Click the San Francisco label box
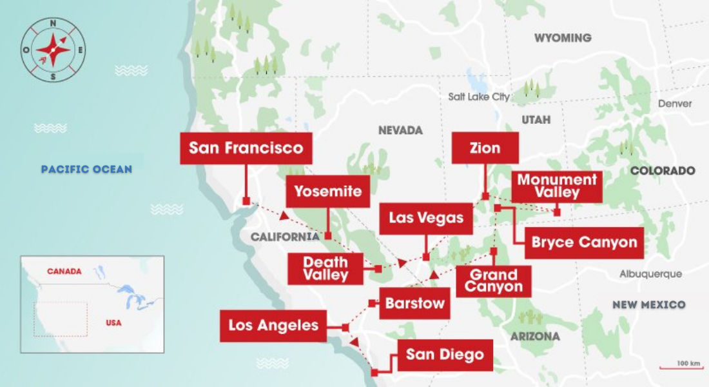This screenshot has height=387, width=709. point(246,148)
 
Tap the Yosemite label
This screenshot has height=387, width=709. point(327,192)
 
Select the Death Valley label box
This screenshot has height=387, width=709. point(325,268)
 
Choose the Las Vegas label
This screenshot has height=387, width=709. point(426,218)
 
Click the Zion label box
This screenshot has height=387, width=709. point(485,148)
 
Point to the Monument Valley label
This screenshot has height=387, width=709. point(557,186)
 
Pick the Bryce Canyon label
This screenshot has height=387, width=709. point(584,243)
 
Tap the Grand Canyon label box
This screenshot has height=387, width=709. point(493,281)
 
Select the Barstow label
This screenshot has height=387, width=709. point(414,303)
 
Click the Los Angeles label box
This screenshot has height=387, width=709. point(273,326)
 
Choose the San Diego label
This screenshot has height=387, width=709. point(445,355)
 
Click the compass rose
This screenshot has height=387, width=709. point(53,50)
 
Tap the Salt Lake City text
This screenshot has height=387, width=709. point(479,97)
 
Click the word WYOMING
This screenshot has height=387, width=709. point(562,38)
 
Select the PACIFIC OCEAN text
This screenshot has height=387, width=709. point(86,170)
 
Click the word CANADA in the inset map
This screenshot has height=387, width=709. point(64,272)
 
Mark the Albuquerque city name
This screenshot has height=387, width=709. point(650,274)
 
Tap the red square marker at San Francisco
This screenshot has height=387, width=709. point(246,202)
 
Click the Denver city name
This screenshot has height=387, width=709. point(675,104)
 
